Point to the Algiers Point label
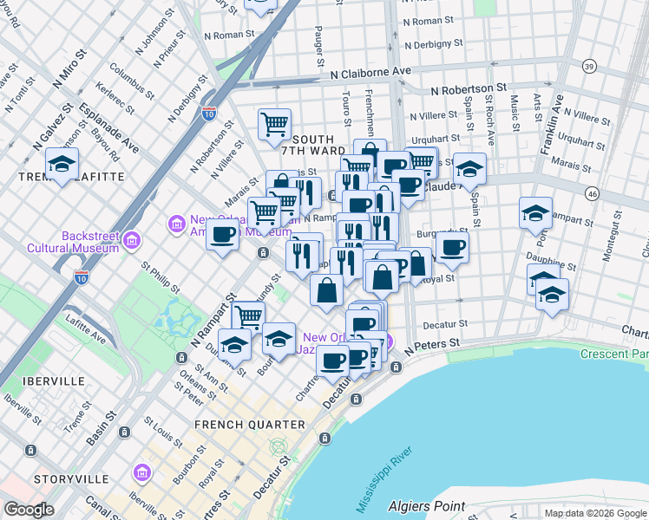pyautogui.click(x=428, y=504)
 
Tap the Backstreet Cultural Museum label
pyautogui.click(x=90, y=242)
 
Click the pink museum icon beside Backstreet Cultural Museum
pyautogui.click(x=133, y=238)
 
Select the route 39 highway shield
pyautogui.click(x=590, y=67)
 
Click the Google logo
pyautogui.click(x=29, y=509)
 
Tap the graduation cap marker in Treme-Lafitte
pyautogui.click(x=62, y=163)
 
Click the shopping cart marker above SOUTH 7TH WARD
pyautogui.click(x=274, y=123)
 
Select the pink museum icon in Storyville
pyautogui.click(x=141, y=474)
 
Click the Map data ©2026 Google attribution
pyautogui.click(x=595, y=513)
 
